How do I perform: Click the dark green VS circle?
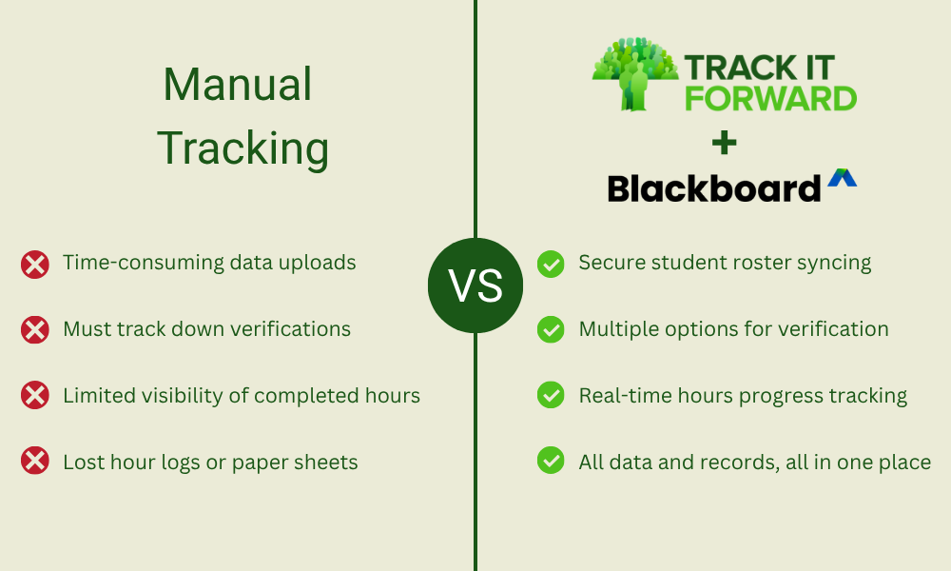(x=475, y=285)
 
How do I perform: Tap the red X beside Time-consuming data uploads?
(x=35, y=264)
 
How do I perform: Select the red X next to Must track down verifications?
(x=35, y=330)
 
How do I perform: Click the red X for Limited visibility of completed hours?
(x=35, y=396)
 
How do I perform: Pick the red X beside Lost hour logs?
(x=35, y=463)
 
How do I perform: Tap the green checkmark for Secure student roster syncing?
(x=551, y=264)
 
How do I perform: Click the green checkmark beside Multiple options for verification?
(x=551, y=330)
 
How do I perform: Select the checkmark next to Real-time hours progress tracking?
(x=551, y=396)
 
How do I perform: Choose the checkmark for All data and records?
(x=551, y=463)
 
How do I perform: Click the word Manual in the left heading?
(x=238, y=86)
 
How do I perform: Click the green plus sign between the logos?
(x=724, y=144)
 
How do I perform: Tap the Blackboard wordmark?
(x=713, y=187)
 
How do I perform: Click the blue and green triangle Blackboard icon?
(x=842, y=178)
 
